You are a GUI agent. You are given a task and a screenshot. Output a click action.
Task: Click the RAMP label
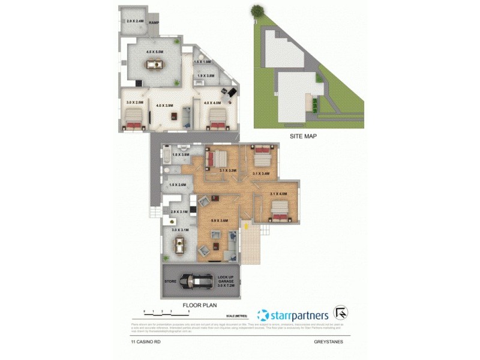[x=154, y=23]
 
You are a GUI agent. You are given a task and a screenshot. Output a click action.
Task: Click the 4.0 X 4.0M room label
[x=212, y=103]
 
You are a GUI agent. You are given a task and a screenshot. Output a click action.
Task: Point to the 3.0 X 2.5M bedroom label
[x=135, y=103]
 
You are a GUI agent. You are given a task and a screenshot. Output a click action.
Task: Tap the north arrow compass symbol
[x=342, y=313]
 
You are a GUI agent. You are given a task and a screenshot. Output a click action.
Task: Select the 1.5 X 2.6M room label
[x=179, y=185]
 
